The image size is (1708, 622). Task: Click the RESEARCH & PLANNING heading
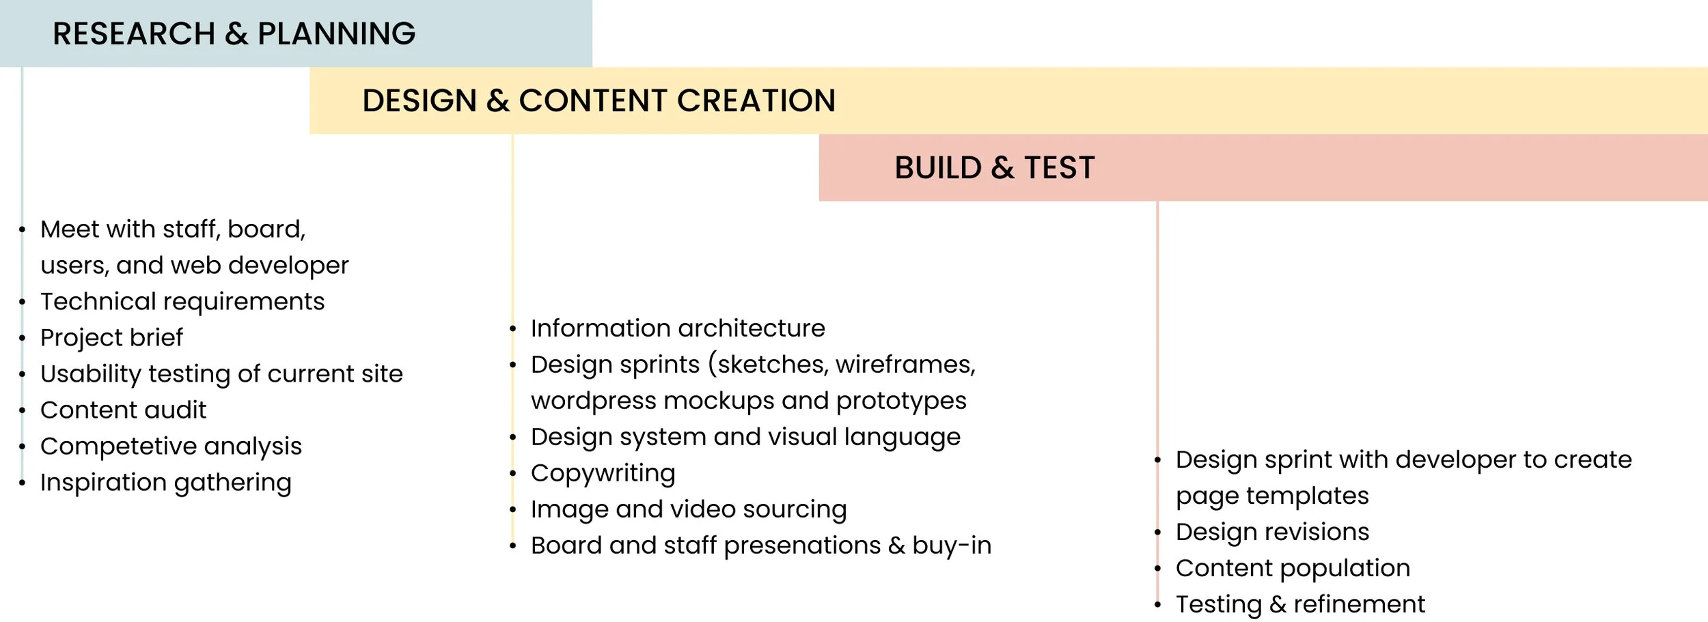click(234, 33)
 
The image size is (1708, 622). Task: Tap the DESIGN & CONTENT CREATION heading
click(598, 100)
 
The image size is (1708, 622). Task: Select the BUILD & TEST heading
click(994, 167)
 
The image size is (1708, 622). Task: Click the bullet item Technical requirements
click(182, 301)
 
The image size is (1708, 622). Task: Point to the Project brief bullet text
click(111, 337)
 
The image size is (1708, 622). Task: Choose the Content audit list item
click(123, 410)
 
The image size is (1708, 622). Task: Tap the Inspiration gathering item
click(165, 483)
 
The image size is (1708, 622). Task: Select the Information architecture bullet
click(678, 328)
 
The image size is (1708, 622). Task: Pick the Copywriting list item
click(603, 473)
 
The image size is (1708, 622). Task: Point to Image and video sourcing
click(689, 509)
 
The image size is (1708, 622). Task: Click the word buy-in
click(951, 546)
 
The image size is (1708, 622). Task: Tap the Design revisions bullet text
click(1272, 532)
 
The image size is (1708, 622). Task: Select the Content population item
click(1293, 568)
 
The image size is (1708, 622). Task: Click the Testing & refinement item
click(1300, 604)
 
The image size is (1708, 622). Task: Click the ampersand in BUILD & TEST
click(1002, 168)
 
